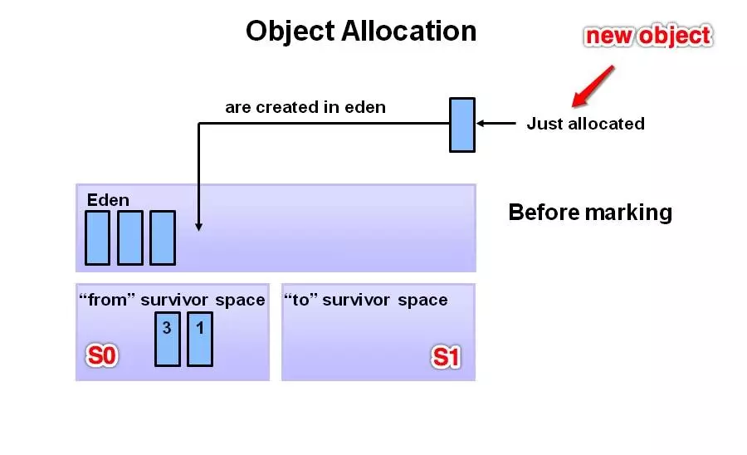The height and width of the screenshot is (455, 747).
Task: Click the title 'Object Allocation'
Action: click(x=361, y=32)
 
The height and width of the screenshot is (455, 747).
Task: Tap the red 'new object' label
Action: click(x=648, y=37)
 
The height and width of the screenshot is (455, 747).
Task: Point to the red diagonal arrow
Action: click(x=593, y=86)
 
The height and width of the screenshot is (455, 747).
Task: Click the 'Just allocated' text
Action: click(x=585, y=124)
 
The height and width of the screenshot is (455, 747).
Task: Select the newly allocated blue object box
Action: click(x=462, y=125)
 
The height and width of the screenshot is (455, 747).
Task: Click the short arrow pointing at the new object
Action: click(x=496, y=124)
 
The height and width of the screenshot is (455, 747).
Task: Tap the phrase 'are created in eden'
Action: click(x=305, y=107)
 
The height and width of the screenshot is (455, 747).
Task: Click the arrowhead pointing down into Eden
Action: click(x=198, y=227)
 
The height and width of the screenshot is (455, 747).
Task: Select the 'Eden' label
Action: click(x=108, y=199)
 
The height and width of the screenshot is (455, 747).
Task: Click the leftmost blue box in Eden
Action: click(x=98, y=237)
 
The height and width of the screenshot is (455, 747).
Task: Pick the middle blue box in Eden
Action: click(x=130, y=237)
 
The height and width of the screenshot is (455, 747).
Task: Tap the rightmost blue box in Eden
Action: click(x=163, y=237)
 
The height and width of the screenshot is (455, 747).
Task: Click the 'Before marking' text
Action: click(x=590, y=213)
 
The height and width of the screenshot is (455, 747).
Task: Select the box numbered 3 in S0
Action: click(x=168, y=340)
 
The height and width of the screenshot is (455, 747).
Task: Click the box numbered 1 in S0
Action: click(x=200, y=340)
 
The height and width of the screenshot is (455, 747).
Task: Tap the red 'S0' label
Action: click(x=101, y=355)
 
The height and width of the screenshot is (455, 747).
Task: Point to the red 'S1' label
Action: click(x=446, y=357)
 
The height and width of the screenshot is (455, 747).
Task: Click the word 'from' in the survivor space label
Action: click(x=108, y=300)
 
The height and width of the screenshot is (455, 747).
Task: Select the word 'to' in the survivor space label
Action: click(x=301, y=300)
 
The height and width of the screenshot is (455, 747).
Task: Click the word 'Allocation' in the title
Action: click(x=408, y=31)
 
